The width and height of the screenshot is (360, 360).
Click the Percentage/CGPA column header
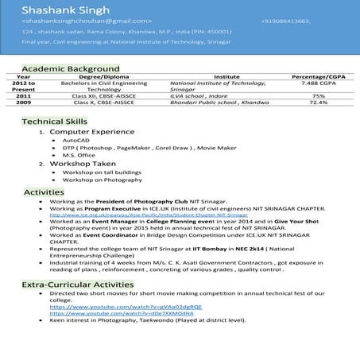point(318,76)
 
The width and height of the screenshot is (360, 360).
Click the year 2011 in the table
point(24,95)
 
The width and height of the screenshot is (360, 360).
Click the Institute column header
point(222,76)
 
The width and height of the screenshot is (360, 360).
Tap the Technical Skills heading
point(54,121)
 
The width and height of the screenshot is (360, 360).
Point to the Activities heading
point(49,192)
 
